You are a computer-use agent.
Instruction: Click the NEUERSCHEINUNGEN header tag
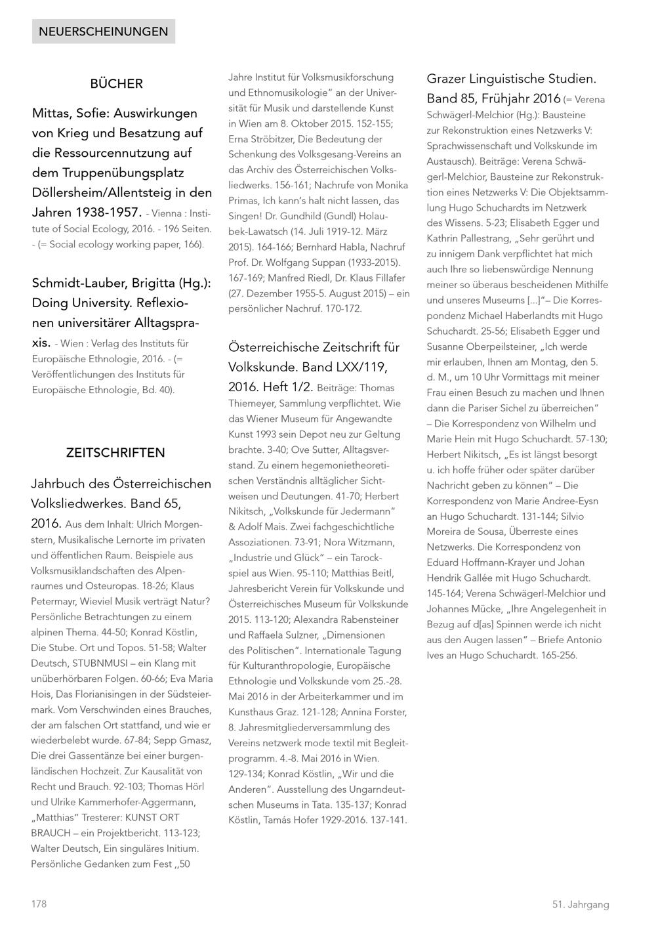click(x=103, y=32)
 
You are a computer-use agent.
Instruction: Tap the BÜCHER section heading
click(x=116, y=84)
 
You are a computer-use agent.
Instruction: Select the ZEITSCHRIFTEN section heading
click(x=115, y=453)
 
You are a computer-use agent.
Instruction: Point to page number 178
click(x=39, y=904)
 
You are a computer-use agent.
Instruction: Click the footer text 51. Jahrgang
click(x=580, y=904)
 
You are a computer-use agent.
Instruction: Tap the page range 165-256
click(x=559, y=655)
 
